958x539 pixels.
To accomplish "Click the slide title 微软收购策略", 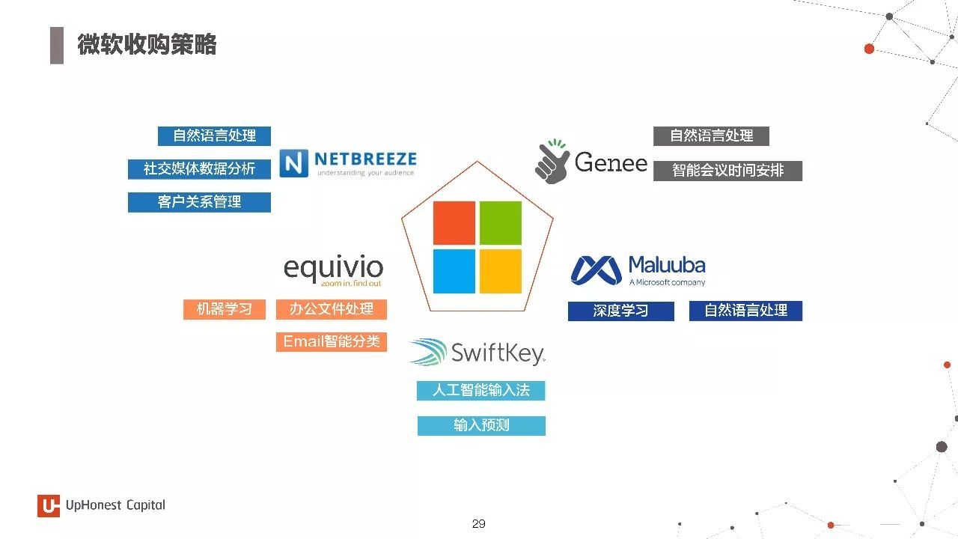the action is point(147,44).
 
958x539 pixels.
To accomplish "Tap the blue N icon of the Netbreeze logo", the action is point(294,163).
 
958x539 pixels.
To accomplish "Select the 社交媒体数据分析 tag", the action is point(199,169).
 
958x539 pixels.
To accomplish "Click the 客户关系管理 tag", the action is point(199,202).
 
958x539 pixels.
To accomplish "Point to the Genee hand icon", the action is point(552,162).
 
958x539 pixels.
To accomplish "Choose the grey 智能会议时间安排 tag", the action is point(727,171).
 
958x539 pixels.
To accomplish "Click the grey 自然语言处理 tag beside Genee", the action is point(711,136).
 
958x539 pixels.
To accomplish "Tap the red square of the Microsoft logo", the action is point(454,223).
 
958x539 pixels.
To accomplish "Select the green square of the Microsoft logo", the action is point(501,223).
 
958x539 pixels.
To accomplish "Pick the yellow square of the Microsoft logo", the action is point(501,272).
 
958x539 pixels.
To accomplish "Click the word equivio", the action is point(333,268).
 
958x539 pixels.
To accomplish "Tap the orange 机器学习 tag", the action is point(225,309).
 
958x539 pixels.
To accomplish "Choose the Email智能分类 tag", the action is point(332,342).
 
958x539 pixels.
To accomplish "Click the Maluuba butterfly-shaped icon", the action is point(597,270).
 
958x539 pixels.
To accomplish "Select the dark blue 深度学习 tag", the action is point(621,311).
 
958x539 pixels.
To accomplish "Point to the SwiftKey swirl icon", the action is point(429,352).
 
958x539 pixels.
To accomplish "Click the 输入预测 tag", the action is point(481,426).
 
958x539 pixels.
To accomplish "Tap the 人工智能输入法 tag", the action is point(481,391).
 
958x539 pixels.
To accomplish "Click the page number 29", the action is point(478,523).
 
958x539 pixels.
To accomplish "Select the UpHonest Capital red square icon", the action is point(49,506).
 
